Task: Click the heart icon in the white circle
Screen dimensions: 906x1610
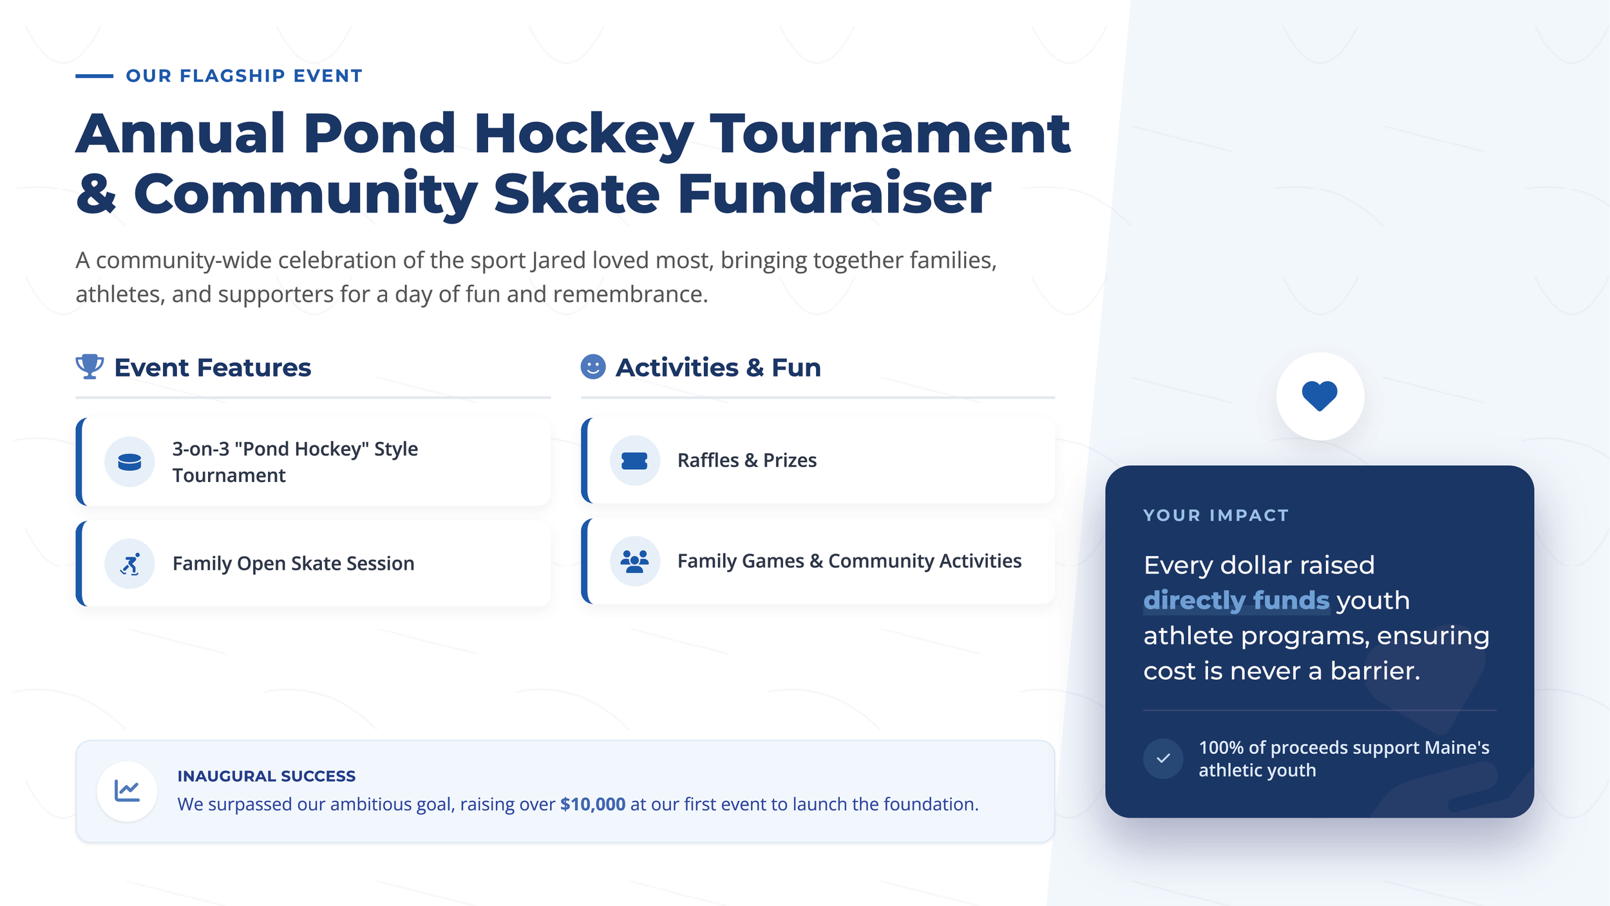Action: click(x=1320, y=396)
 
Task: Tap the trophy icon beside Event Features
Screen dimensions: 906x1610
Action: click(x=90, y=367)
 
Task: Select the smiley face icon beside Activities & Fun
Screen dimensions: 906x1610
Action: click(x=592, y=367)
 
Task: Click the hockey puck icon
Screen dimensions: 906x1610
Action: click(x=129, y=461)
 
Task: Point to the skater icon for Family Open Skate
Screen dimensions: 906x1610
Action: click(x=129, y=564)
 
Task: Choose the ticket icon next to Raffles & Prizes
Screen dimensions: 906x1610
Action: click(x=634, y=460)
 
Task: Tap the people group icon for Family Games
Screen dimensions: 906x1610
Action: click(x=634, y=561)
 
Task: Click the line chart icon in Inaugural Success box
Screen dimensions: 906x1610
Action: click(x=127, y=791)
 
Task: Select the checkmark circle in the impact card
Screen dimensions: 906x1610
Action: click(x=1162, y=758)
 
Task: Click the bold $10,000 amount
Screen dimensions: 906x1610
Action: click(x=592, y=804)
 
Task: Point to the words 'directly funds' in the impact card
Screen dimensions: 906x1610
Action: click(x=1235, y=600)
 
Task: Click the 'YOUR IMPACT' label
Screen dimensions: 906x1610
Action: click(x=1215, y=516)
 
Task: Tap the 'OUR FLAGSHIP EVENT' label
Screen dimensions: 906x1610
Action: click(x=244, y=76)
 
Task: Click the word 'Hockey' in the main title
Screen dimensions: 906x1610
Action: click(x=583, y=134)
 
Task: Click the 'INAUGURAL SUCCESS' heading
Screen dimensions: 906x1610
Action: click(x=266, y=776)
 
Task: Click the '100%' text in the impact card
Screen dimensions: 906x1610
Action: click(x=1221, y=747)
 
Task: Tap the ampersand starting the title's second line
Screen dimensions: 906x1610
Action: click(x=96, y=194)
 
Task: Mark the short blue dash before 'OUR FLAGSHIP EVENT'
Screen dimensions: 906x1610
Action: click(x=94, y=76)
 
